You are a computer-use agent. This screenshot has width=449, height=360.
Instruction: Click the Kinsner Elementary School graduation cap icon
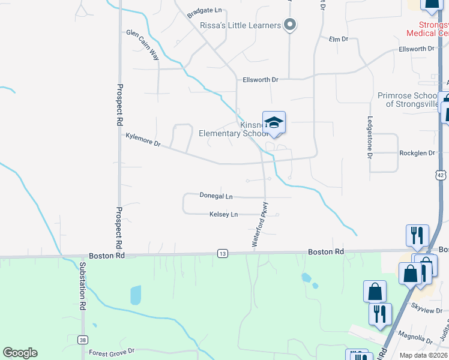coord(274,122)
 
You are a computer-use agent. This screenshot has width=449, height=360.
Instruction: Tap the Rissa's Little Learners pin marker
coord(290,25)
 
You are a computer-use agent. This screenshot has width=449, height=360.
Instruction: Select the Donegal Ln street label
coord(216,196)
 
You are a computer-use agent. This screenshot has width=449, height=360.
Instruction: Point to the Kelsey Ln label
coord(223,214)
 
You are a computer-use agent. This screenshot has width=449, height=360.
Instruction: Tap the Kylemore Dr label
coord(143,140)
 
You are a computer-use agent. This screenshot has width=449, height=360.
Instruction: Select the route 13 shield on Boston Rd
coord(223,254)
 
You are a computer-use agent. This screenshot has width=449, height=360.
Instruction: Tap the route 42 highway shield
coord(441,175)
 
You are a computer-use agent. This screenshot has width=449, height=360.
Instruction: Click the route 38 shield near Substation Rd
coord(82,340)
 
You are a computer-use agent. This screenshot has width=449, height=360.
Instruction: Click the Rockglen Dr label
coord(417,153)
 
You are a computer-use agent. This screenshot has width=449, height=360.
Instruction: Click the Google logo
coord(20,353)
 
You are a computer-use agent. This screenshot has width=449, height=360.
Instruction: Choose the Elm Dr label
coord(339,39)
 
